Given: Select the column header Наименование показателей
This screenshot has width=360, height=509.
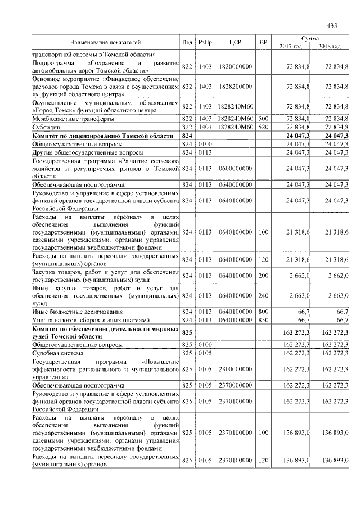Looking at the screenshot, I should (105, 42).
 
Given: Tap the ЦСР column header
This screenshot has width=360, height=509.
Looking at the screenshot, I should (236, 42).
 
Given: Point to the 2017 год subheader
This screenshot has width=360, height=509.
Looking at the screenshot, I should (291, 46).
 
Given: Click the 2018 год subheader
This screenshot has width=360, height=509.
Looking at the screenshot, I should (330, 46).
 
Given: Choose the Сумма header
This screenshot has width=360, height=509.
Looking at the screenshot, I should (310, 38).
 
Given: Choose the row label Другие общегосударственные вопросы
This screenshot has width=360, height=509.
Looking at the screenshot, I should (79, 152).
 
